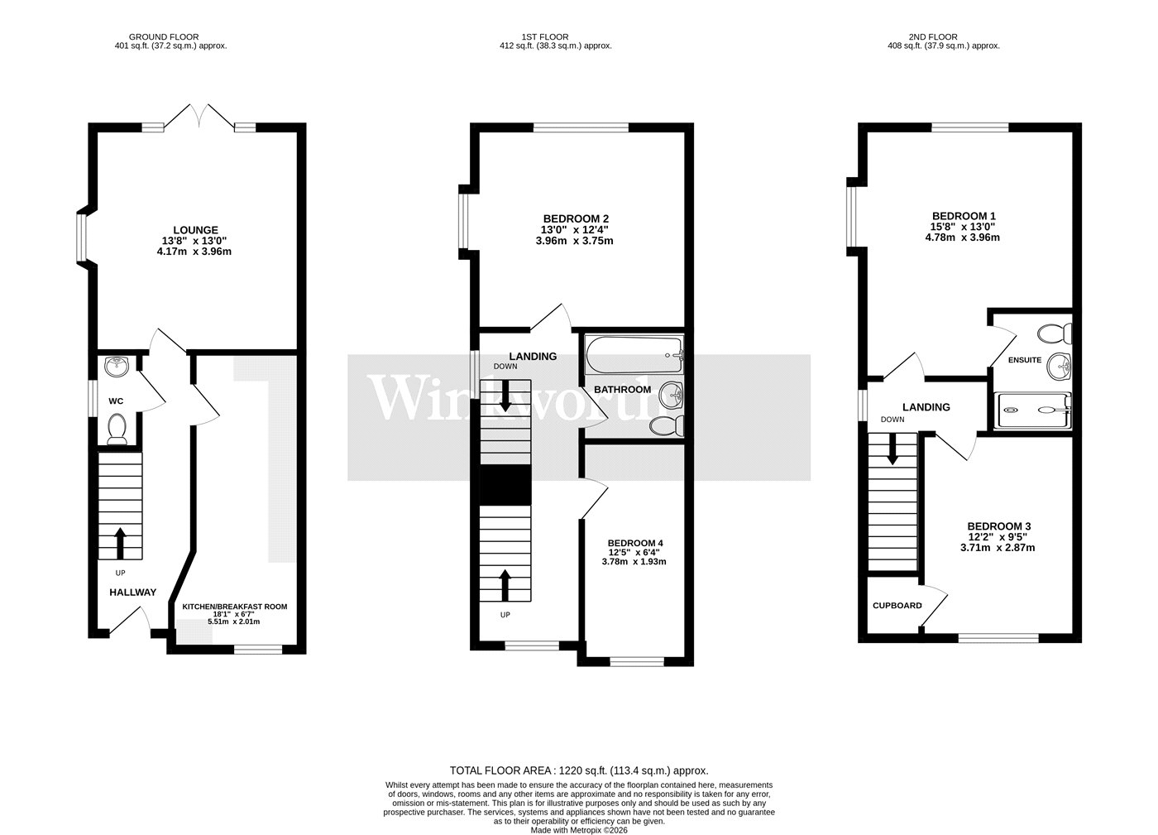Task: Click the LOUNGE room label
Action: pos(195,230)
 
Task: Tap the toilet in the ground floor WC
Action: pos(117,429)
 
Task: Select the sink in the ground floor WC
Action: pos(117,367)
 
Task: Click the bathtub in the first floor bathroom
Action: pos(634,354)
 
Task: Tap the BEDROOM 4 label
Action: pos(635,543)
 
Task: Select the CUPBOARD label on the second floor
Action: pos(897,605)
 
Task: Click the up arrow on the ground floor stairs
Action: pos(120,543)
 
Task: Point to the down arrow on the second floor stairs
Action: pos(892,449)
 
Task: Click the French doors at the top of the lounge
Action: pos(199,115)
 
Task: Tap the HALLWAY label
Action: pos(133,593)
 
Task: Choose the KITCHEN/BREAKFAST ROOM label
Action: pos(235,607)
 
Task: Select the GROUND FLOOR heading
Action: pos(164,36)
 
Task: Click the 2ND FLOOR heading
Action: pos(933,36)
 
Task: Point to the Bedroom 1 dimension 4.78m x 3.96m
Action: pos(963,238)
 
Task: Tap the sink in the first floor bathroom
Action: pos(672,396)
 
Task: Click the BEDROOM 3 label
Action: pos(999,526)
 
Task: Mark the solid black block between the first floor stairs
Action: pos(505,485)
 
